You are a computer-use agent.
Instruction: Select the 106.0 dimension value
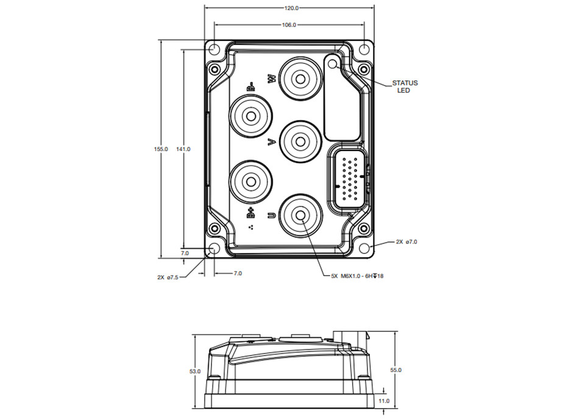pos(289,25)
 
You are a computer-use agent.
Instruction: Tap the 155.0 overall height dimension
pos(161,149)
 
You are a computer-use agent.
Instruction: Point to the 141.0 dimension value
pos(183,149)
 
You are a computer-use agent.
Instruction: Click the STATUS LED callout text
pos(405,86)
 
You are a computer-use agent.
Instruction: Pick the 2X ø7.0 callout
pos(406,242)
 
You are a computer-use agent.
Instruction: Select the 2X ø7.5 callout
pos(168,277)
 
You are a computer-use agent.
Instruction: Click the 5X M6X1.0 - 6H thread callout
pos(357,276)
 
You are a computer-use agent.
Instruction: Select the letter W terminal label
pos(272,79)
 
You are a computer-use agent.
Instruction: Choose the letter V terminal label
pos(272,142)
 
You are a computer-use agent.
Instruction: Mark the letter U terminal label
pos(272,215)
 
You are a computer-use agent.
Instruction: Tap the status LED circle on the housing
pos(332,64)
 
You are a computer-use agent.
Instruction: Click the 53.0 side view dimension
pos(195,371)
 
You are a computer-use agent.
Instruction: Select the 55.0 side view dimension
pos(395,370)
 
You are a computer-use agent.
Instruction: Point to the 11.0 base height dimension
pos(384,401)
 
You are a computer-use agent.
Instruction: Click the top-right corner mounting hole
pos(364,49)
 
